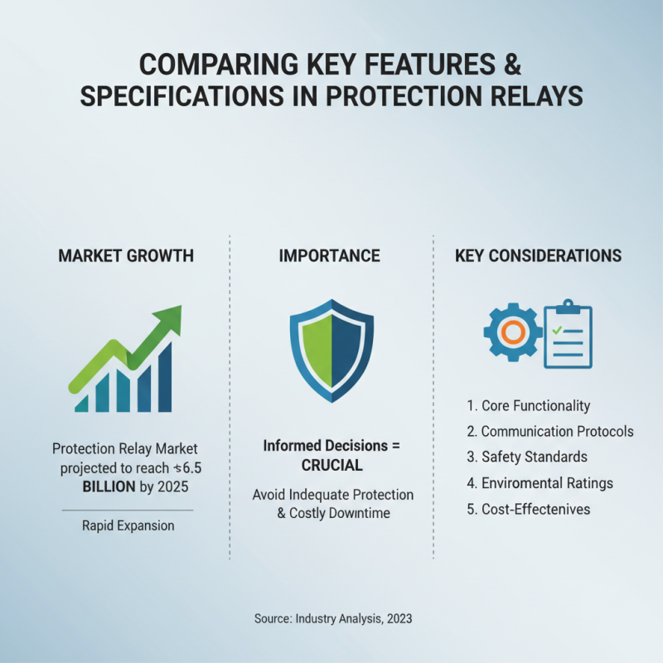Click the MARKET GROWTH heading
(x=126, y=256)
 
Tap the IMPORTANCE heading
(x=331, y=256)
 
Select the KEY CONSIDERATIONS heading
(x=539, y=256)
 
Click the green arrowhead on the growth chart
(x=171, y=317)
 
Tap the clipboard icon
(x=569, y=334)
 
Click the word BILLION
(x=109, y=486)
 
